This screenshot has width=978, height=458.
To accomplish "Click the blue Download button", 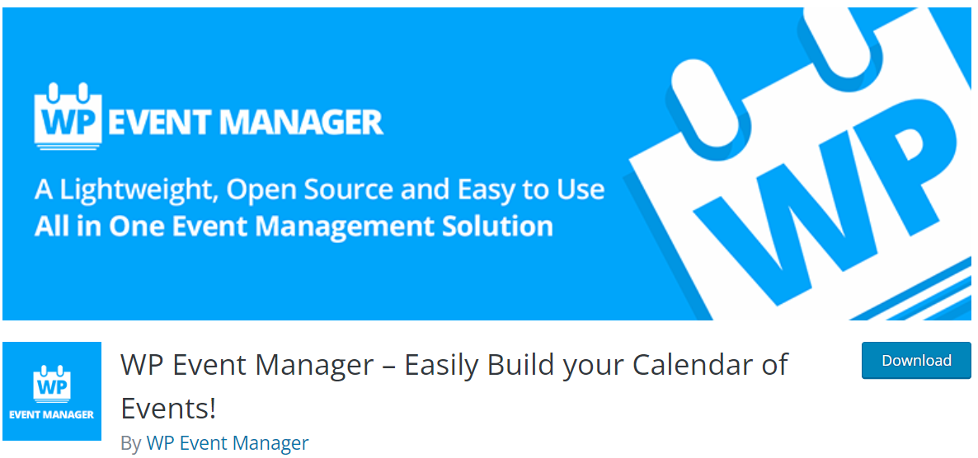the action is tap(916, 360).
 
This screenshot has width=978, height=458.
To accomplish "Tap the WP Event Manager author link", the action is tap(227, 443).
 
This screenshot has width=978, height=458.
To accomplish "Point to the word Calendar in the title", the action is tap(694, 365).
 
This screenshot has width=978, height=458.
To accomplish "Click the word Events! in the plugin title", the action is tap(167, 408).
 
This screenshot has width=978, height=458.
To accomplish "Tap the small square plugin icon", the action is tap(52, 391).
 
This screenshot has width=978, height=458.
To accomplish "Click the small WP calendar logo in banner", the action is tap(68, 116).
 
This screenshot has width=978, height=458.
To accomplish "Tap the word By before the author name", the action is tap(130, 444).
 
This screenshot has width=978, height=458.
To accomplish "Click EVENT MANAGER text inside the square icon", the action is tap(52, 414).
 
